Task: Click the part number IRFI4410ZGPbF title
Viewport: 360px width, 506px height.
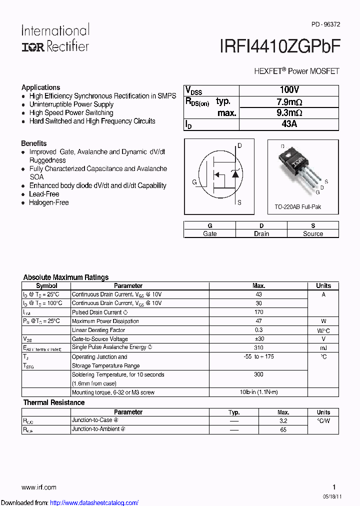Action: pos(280,46)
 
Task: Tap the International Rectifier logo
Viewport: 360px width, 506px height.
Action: pos(55,38)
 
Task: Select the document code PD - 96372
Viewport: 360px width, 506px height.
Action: pos(325,24)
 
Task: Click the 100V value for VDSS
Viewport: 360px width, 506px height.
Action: pos(289,90)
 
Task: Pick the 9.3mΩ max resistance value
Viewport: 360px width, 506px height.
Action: pos(289,113)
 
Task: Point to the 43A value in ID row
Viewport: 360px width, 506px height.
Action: pos(289,124)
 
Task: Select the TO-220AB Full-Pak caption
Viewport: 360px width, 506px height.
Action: pos(297,207)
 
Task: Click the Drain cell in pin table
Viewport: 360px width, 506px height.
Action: pos(261,233)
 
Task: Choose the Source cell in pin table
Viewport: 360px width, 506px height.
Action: pos(313,233)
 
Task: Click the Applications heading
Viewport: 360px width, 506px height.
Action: pos(40,87)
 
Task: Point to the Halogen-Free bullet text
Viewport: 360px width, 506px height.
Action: pos(49,202)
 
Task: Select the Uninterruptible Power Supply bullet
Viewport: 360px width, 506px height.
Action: pos(71,104)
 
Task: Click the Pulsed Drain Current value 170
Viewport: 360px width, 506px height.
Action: pos(258,312)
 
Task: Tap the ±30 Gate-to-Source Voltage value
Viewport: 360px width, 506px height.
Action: pos(258,338)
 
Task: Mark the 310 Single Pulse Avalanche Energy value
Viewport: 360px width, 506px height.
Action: pos(258,347)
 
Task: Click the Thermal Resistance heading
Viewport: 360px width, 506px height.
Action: pos(54,402)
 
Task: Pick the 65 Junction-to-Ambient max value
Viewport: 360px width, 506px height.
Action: pos(283,429)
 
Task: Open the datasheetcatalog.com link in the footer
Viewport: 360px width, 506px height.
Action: pos(94,502)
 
